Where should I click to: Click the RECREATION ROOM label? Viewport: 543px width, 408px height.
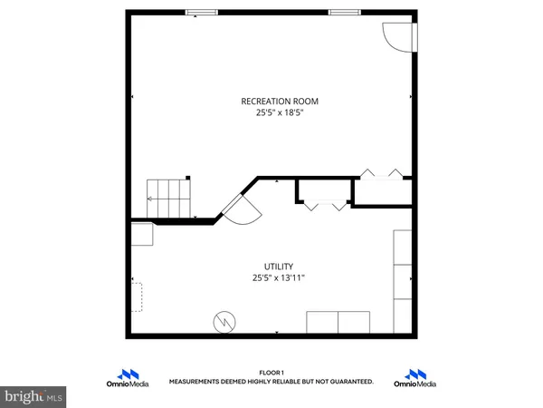(280, 101)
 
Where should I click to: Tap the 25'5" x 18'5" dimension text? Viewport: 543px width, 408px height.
(280, 113)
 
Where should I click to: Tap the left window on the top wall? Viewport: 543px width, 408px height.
(202, 12)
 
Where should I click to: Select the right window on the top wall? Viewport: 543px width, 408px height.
(342, 12)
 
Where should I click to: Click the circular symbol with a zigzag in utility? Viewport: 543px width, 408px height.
(224, 321)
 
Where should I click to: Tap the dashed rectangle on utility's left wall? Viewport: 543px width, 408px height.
(137, 296)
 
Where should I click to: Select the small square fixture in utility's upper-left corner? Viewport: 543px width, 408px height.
(141, 235)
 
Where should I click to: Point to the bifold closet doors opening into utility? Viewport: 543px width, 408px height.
(324, 206)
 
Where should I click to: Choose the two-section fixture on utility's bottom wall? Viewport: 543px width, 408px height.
(338, 322)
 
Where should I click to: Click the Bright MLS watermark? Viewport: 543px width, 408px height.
(33, 395)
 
